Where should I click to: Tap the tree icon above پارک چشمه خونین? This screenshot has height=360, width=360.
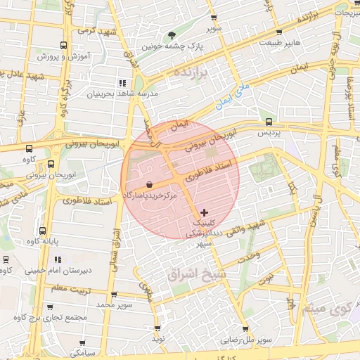[x=172, y=34]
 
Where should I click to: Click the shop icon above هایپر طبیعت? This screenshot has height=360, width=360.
[x=280, y=33]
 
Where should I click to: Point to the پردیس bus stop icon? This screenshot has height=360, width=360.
[x=268, y=122]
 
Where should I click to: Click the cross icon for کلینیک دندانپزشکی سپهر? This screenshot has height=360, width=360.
[x=205, y=212]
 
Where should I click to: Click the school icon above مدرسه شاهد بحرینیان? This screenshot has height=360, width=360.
[x=124, y=83]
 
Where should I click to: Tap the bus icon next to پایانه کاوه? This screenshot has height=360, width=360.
[x=43, y=230]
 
